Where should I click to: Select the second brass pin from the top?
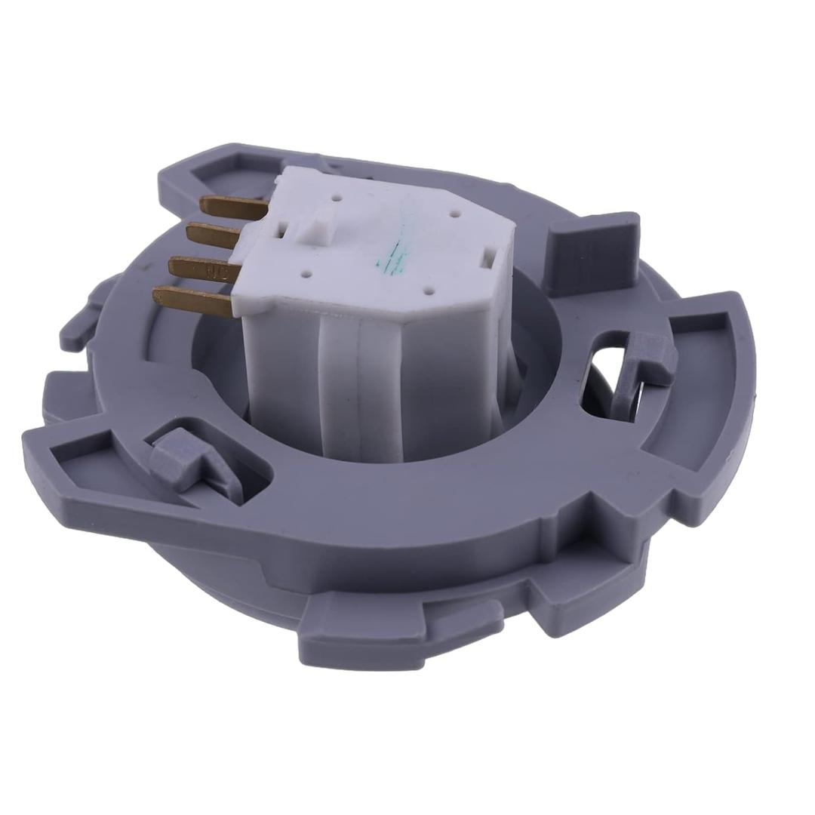tap(214, 235)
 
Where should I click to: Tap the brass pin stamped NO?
tap(204, 267)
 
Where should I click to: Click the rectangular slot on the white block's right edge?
tap(488, 257)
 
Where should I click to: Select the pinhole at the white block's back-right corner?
tap(454, 214)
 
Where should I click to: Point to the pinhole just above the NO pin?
tap(306, 276)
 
